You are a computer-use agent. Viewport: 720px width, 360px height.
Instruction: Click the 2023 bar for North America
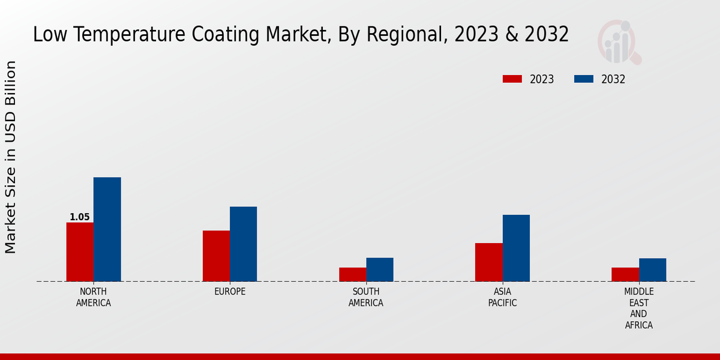point(80,252)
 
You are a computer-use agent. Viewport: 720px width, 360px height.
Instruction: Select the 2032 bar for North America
point(107,229)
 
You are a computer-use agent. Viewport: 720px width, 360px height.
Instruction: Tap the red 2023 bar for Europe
point(216,256)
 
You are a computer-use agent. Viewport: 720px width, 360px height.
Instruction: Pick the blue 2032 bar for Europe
point(243,244)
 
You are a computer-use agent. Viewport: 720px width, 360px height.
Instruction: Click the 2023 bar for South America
point(352,274)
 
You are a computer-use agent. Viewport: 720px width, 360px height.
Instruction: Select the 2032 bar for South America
point(380,269)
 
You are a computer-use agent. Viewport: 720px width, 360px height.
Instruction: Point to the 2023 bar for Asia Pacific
point(488,262)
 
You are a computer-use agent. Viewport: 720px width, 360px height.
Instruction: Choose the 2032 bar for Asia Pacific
point(516,248)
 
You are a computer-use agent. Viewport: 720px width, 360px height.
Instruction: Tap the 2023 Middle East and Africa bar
point(625,274)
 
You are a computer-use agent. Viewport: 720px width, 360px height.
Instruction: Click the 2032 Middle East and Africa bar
point(652,269)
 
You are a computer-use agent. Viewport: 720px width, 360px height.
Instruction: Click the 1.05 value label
point(80,217)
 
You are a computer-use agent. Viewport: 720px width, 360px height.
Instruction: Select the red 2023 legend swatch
point(512,79)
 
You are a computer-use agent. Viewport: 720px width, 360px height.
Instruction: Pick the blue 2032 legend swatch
point(583,79)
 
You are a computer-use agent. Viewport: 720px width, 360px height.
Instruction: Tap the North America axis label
point(94,297)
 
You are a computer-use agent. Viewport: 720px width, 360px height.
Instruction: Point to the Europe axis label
point(230,292)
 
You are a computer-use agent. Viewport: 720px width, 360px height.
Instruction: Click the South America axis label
point(366,297)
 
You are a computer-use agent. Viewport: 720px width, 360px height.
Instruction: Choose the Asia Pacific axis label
point(502,297)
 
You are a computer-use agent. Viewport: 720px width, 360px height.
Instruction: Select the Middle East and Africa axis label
point(638,308)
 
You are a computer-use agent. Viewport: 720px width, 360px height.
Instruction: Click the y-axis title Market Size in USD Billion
point(11,157)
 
